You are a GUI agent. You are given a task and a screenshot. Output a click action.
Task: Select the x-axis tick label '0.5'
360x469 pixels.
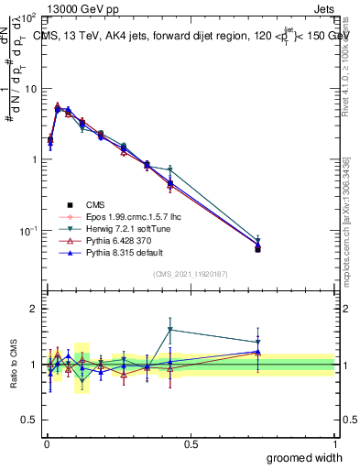(191, 442)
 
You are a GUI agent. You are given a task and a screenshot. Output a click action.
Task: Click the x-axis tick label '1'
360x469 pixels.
(334, 442)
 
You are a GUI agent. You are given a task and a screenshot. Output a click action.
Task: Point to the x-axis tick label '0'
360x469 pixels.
(46, 442)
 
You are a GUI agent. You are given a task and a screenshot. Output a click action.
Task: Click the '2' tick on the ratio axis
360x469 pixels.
(33, 309)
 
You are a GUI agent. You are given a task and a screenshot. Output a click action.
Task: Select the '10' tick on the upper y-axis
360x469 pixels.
(28, 89)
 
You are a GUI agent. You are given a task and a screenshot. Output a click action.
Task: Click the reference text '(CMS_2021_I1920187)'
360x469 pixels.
(191, 274)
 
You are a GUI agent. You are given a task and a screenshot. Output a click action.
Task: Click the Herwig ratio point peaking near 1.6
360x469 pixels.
(170, 330)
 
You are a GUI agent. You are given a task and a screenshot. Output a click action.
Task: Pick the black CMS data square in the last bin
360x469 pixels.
(257, 248)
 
